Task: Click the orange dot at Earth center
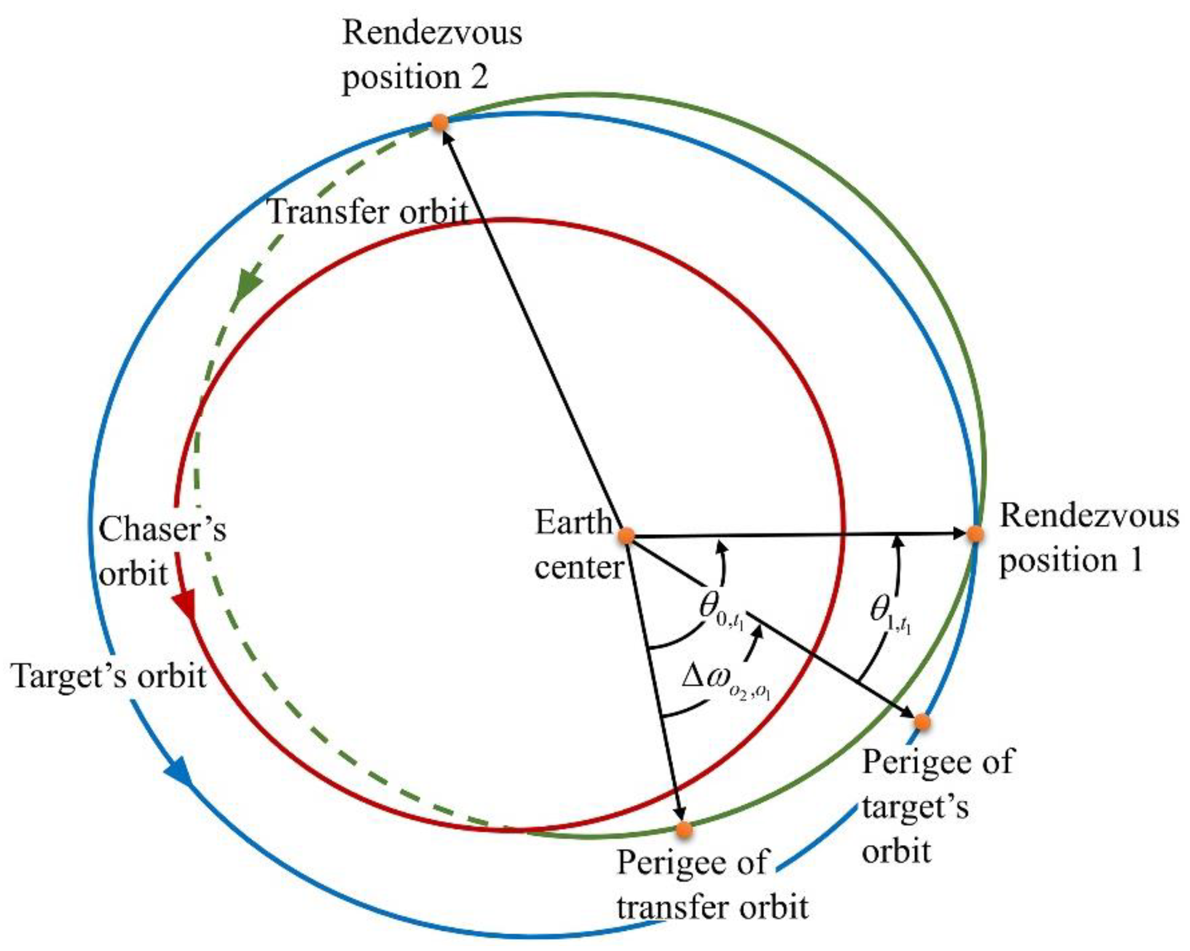pyautogui.click(x=627, y=535)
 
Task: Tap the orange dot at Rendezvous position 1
pyautogui.click(x=975, y=534)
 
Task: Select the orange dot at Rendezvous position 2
pyautogui.click(x=439, y=122)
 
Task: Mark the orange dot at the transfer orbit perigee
pyautogui.click(x=684, y=829)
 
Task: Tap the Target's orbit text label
pyautogui.click(x=109, y=676)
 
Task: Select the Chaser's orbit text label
pyautogui.click(x=162, y=552)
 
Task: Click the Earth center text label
pyautogui.click(x=579, y=544)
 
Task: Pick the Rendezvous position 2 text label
pyautogui.click(x=432, y=55)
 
